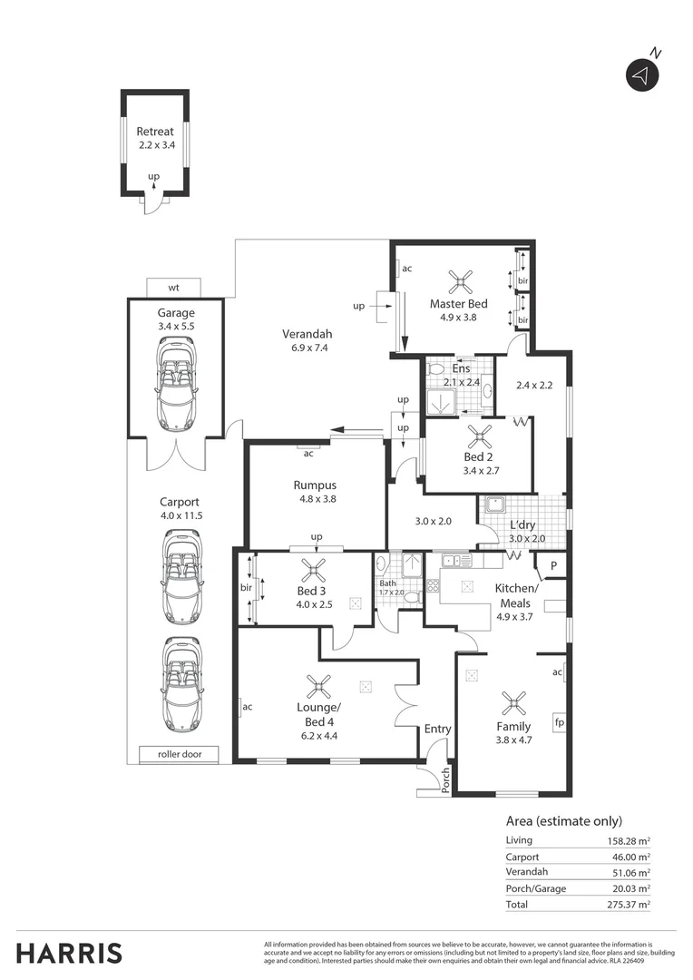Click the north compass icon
coord(641,75)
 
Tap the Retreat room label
coord(155,132)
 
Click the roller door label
coord(180,754)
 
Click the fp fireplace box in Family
coord(560,724)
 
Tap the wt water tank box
coord(173,288)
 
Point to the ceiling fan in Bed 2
coord(478,437)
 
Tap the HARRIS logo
coord(69,953)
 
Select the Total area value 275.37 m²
coord(629,905)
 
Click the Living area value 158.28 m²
coord(629,841)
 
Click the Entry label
coord(437,729)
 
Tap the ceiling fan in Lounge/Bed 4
coord(318,687)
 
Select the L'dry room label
coord(522,525)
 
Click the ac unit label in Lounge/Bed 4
coord(247,706)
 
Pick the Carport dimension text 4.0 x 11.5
coord(180,515)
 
